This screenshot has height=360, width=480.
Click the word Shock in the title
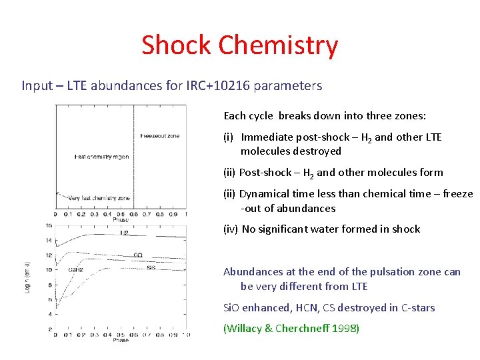(177, 45)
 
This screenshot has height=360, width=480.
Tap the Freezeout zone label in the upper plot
(159, 136)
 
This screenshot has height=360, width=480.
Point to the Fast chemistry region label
(101, 157)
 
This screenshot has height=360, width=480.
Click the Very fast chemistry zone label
(99, 198)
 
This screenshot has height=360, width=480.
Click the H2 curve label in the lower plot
(124, 233)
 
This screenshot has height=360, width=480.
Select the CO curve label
(137, 255)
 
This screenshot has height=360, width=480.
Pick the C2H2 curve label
(75, 269)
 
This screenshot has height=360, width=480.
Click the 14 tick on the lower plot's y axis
(48, 241)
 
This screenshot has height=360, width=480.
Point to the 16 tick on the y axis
(48, 225)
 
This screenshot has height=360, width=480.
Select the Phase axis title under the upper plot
(121, 219)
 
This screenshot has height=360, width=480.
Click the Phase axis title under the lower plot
(121, 340)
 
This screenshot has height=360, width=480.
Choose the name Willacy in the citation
(248, 328)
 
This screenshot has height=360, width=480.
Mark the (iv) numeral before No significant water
(230, 229)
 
